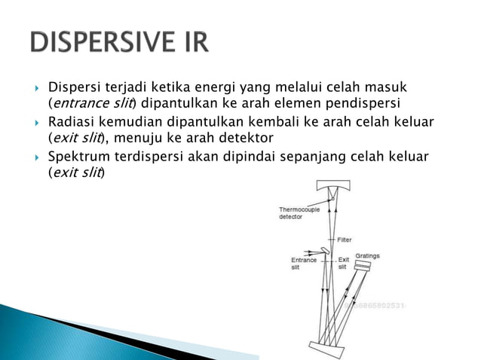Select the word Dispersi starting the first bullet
tap(74, 89)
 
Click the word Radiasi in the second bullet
tap(72, 123)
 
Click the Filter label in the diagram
tap(345, 239)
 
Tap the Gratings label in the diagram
tap(368, 256)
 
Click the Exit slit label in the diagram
tap(343, 264)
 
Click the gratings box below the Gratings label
tap(364, 266)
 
